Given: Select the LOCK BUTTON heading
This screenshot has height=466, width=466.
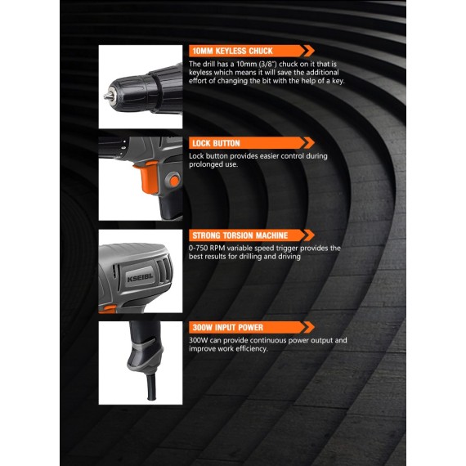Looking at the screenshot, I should click(x=215, y=143).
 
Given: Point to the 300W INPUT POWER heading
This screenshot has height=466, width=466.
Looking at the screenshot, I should click(x=227, y=328).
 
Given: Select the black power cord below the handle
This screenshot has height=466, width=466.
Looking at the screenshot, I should click(x=150, y=384).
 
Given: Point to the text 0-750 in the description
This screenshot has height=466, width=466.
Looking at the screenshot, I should click(x=199, y=248).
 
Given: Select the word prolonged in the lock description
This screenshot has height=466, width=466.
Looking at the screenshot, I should click(x=207, y=164).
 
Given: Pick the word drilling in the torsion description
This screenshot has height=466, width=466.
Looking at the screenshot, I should click(x=262, y=257).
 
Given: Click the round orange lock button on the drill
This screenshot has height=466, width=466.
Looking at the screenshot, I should click(x=172, y=181).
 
